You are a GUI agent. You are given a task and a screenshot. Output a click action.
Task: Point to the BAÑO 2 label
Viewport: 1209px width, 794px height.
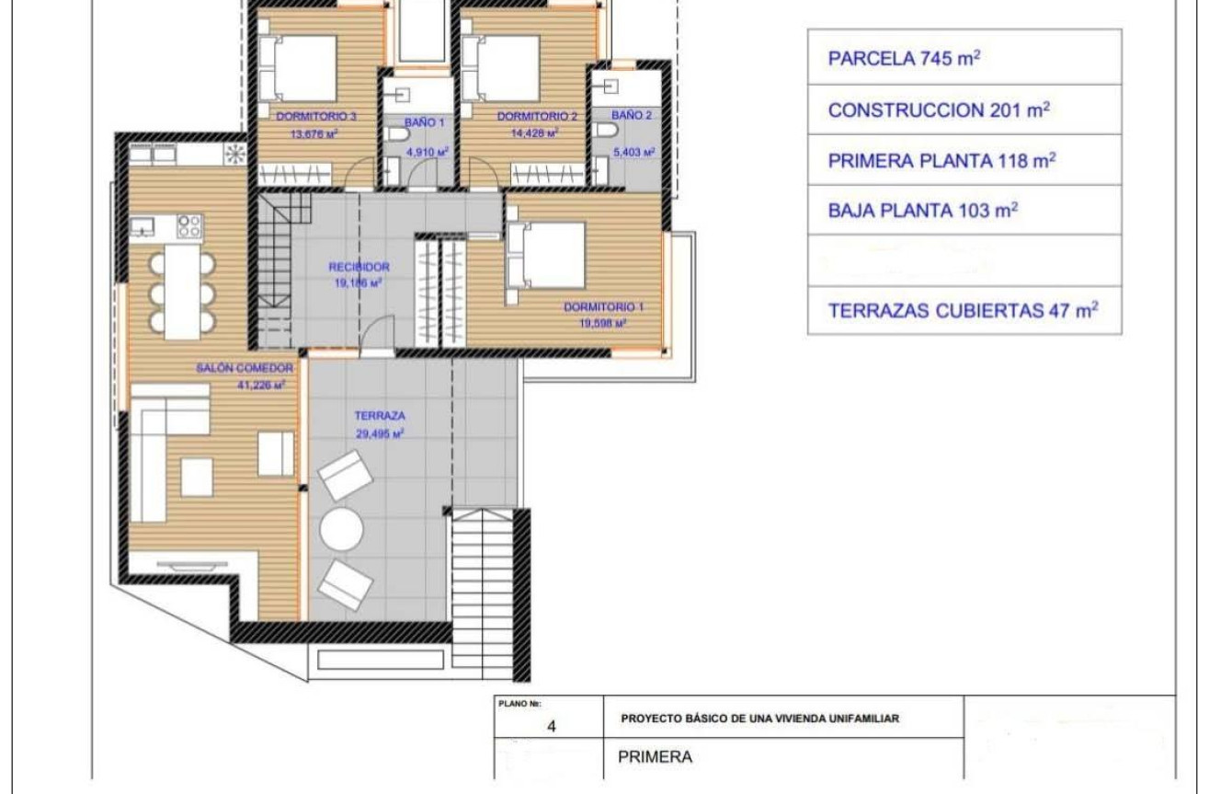(631, 116)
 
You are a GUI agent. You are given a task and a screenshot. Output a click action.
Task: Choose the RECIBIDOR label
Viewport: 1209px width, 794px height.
(359, 267)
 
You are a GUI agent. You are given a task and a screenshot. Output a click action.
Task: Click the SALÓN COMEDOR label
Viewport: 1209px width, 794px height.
(244, 368)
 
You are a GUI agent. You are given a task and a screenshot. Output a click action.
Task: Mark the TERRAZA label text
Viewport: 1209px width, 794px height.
(373, 416)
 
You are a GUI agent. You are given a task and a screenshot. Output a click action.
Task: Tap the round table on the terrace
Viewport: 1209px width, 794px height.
(342, 531)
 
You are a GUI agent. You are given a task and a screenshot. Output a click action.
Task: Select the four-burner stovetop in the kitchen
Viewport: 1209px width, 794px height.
(188, 225)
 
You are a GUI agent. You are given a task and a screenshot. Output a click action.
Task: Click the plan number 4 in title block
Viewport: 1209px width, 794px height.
(551, 726)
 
